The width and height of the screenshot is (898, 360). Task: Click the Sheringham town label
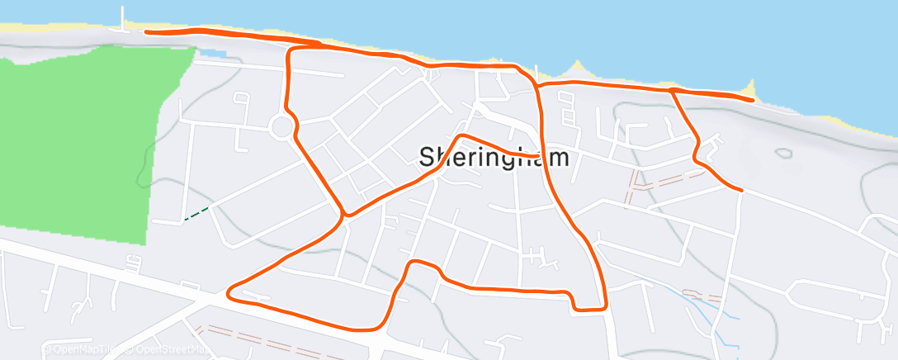(494, 157)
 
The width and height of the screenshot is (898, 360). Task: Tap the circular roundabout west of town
(282, 127)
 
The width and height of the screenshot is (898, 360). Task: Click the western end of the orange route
(146, 32)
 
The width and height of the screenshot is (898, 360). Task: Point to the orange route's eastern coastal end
(753, 100)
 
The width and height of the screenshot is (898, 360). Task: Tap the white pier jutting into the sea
(125, 18)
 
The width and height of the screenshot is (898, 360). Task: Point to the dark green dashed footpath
(196, 215)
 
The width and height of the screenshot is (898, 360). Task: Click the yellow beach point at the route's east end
(749, 87)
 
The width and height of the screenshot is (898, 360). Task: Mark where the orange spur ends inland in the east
(741, 190)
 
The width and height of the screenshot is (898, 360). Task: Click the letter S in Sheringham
(428, 157)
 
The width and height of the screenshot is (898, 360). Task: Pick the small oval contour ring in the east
(782, 152)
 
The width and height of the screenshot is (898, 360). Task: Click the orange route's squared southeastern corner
(605, 308)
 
